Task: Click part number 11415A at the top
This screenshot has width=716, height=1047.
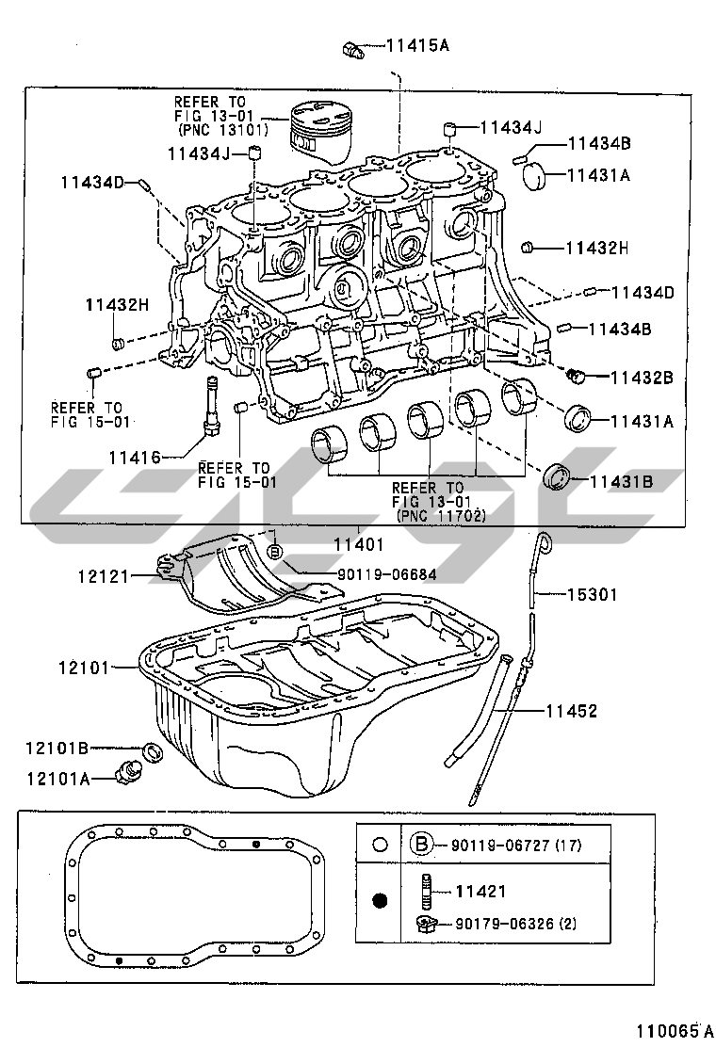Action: pos(417,44)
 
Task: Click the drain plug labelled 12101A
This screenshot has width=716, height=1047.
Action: pos(124,775)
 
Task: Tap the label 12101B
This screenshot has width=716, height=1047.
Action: pos(57,749)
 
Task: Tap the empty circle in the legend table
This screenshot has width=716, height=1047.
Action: pos(380,846)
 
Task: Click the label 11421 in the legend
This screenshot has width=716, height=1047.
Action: pos(480,891)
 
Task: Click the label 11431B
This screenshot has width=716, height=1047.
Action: pos(622,481)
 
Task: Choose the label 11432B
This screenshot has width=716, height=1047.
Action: pos(642,378)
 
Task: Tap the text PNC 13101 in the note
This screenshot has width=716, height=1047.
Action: pos(223,129)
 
